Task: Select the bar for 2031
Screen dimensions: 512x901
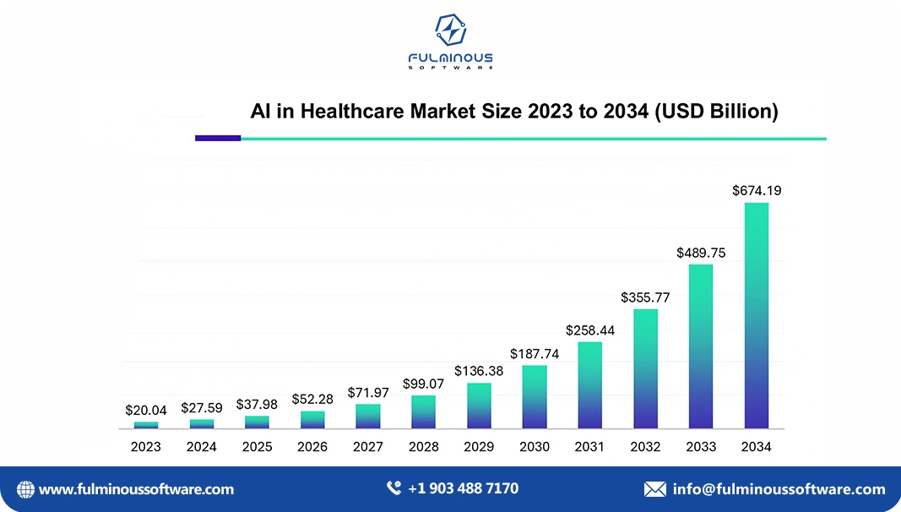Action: point(590,384)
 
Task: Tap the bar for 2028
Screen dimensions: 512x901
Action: point(423,411)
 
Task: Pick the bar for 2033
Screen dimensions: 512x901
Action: point(701,346)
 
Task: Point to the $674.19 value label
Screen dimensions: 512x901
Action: point(757,191)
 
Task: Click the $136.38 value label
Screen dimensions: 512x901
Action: point(479,371)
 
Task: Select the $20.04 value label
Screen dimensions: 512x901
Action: point(146,410)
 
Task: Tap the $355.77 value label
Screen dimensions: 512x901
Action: point(645,297)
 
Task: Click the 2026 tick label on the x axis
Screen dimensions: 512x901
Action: point(312,447)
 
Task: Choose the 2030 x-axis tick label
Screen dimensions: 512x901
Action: point(535,447)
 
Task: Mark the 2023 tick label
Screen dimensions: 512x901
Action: point(146,447)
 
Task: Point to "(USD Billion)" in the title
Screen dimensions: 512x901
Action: point(716,112)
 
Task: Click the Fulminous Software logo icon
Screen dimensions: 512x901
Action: point(450,30)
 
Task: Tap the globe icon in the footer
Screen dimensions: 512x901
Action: point(26,489)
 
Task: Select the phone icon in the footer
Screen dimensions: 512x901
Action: point(394,488)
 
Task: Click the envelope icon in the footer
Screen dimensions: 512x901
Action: point(654,489)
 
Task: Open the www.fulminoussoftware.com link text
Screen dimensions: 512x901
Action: point(137,489)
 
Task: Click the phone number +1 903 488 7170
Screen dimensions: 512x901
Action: point(463,488)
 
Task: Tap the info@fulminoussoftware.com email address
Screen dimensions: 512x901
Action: point(779,489)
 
